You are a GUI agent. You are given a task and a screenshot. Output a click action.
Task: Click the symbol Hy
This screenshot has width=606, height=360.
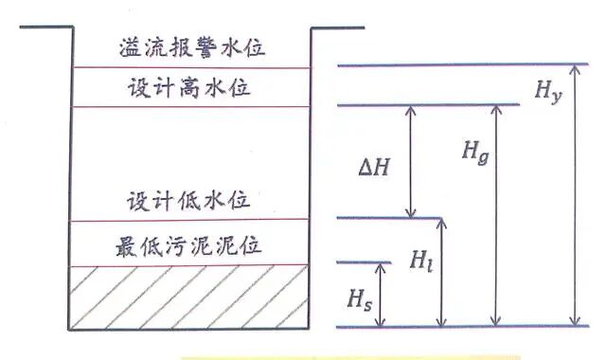548,91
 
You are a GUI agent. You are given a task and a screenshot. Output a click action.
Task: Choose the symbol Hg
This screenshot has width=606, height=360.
475,148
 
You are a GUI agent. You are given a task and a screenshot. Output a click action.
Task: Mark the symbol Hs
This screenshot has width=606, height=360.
357,299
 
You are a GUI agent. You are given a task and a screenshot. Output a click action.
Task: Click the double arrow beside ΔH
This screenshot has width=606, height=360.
410,161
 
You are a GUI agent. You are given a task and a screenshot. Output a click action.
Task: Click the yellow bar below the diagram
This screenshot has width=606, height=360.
350,357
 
